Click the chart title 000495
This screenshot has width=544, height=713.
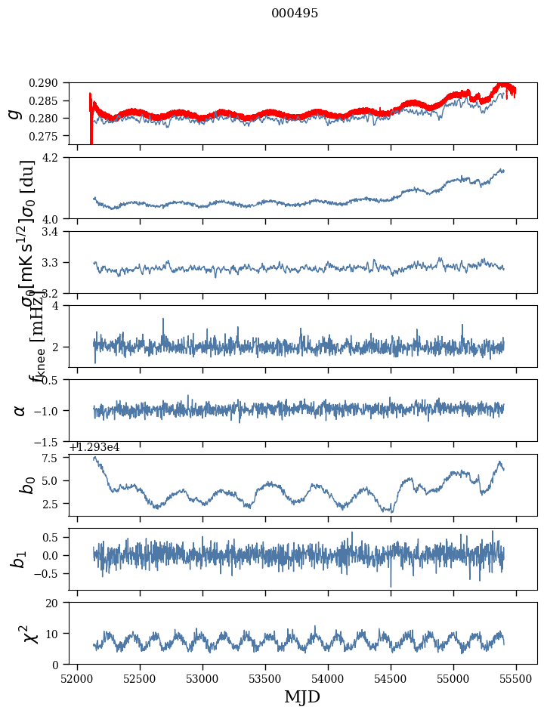coord(295,14)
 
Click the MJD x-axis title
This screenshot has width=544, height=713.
coord(302,697)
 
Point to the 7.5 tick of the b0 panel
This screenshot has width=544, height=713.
coord(56,458)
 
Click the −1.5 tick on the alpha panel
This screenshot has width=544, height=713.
coord(53,441)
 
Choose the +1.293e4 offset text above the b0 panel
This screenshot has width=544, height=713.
coord(94,447)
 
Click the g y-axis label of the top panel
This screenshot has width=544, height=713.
coord(14,113)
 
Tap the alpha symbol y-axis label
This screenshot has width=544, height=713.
coord(20,410)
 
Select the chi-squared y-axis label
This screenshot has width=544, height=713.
coord(17,634)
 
